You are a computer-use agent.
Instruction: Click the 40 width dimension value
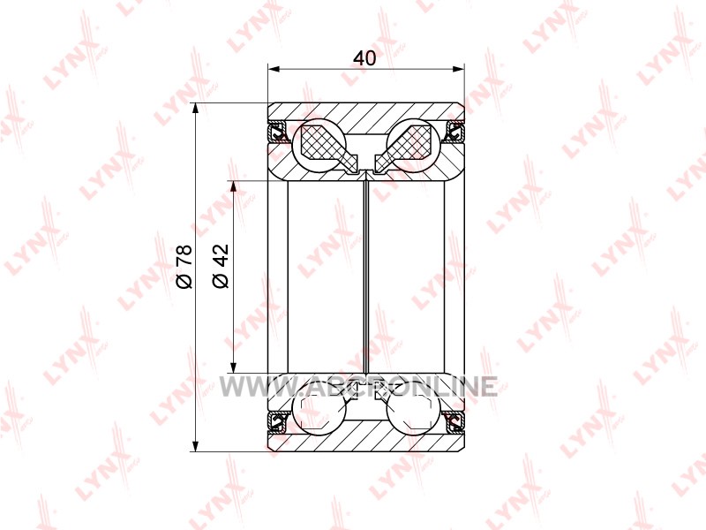coord(364,58)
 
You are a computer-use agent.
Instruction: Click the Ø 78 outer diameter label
coord(184,267)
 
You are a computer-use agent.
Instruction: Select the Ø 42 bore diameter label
coord(221,266)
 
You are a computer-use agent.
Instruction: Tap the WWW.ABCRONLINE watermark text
coord(358,386)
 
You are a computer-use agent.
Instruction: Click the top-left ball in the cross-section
coord(319,146)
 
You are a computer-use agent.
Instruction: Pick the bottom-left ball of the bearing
coord(319,409)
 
